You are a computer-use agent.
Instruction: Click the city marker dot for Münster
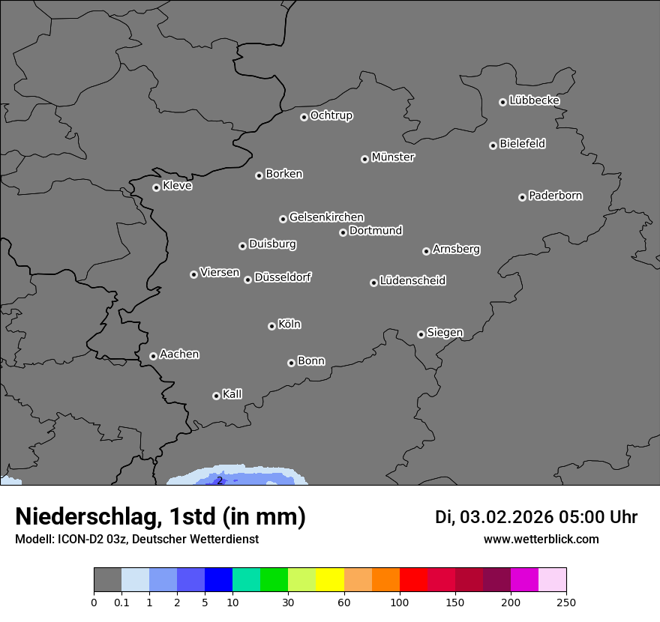pos(364,159)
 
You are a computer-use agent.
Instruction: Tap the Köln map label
pos(289,324)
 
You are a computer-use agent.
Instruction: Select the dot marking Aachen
pos(153,356)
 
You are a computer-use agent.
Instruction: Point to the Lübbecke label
pos(534,100)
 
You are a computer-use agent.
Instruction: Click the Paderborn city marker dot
pos(522,197)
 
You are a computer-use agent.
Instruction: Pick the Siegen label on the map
pos(445,333)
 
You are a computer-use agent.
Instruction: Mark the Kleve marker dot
pos(156,187)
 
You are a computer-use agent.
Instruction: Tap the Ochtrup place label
pos(331,115)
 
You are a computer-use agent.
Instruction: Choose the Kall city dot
pos(216,396)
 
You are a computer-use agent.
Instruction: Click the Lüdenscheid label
pos(412,281)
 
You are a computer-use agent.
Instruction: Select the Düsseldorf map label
pos(283,277)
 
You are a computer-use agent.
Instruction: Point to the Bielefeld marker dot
pos(493,145)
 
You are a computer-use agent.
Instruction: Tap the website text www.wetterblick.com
pos(541,539)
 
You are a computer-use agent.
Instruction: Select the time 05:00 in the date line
pos(578,517)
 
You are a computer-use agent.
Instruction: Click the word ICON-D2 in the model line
pos(76,539)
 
